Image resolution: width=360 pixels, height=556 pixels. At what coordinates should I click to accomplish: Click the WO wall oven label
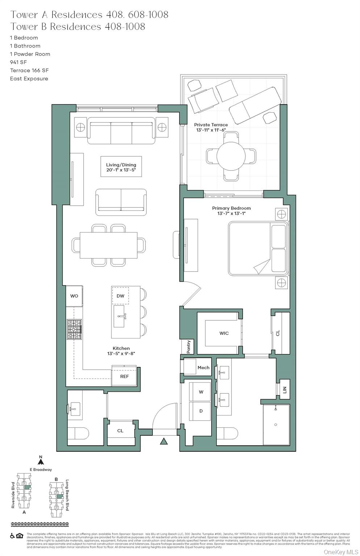point(74,296)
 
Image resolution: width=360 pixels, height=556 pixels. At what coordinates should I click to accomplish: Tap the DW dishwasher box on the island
point(121,296)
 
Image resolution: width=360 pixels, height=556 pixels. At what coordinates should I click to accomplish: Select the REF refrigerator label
point(125,376)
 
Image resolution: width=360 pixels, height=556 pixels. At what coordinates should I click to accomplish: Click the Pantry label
point(188,347)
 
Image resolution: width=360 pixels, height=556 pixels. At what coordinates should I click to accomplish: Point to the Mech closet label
point(203,367)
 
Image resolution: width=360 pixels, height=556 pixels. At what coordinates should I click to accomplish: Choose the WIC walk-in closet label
point(224,333)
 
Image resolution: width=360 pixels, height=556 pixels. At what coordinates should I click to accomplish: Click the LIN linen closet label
point(285,389)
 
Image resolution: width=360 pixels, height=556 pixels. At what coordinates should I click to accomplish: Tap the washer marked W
point(201,392)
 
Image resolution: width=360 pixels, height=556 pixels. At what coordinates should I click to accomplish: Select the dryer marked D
point(201,411)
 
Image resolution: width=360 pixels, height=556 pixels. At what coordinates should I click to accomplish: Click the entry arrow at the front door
point(164,441)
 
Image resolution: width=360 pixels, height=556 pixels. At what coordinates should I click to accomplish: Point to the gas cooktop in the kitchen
point(74,329)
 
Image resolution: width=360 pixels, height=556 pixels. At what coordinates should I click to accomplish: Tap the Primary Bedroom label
point(231,208)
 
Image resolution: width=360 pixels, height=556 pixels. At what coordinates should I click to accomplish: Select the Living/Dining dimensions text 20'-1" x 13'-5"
point(121,170)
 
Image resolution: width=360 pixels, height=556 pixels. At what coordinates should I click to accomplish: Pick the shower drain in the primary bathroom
point(276,425)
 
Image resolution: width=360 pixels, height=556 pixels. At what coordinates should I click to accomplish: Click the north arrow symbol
point(41,462)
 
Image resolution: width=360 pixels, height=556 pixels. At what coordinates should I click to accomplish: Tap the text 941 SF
point(18,62)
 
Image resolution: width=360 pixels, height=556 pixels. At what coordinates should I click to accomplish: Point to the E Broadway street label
point(41,469)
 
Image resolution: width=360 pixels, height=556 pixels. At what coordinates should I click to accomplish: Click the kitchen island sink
point(120,316)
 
